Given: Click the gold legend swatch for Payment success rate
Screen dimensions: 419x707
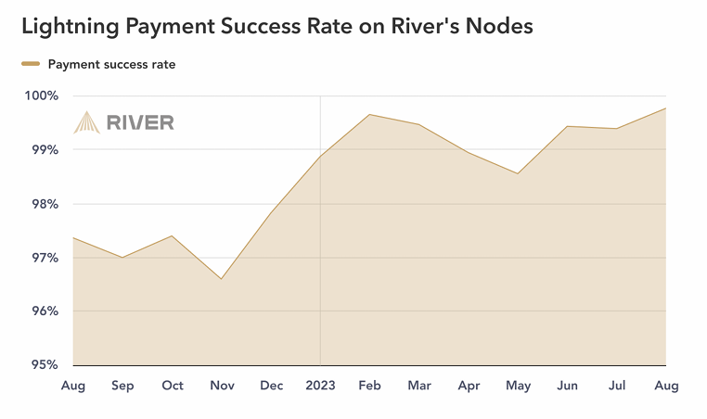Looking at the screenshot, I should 31,65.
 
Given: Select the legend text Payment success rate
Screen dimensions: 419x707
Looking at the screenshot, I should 111,65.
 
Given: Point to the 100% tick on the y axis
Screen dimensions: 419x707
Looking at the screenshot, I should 42,95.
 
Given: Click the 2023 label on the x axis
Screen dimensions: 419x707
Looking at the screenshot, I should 320,386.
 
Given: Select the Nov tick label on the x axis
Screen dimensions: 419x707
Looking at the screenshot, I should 221,386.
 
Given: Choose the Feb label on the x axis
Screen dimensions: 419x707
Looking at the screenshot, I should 369,386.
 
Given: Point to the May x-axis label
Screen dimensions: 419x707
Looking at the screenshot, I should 518,386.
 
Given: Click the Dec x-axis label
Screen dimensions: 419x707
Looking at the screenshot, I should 271,386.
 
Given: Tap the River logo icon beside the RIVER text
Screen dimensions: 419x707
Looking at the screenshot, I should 87,122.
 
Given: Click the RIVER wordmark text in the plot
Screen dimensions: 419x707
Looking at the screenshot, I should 140,122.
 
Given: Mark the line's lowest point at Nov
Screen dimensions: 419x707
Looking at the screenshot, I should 221,279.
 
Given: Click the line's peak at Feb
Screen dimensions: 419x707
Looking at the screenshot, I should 369,114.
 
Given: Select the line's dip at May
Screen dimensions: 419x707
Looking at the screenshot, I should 518,173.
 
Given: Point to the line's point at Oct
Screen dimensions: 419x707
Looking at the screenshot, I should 172,235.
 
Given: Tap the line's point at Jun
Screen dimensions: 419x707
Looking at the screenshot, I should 567,126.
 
